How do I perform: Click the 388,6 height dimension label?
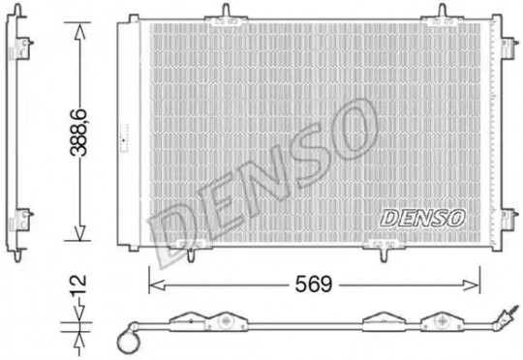pos(79,133)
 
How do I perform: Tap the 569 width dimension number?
pos(314,284)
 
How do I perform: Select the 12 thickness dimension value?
pos(78,284)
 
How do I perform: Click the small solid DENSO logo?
pos(422,218)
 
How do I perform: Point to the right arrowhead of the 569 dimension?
pos(472,285)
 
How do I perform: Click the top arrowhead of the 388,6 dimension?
pos(79,31)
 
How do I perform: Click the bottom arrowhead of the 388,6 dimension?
pos(79,232)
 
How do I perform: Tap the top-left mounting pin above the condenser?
pos(226,11)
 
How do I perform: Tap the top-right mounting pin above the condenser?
pos(442,11)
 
